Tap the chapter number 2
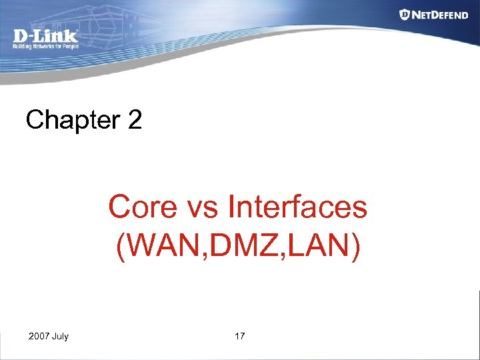click(133, 120)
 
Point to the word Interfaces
click(297, 207)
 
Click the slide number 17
click(240, 336)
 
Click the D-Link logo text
click(45, 36)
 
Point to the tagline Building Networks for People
click(45, 47)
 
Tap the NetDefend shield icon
click(405, 14)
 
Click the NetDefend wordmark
click(440, 15)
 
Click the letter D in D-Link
click(20, 36)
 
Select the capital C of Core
click(119, 207)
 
